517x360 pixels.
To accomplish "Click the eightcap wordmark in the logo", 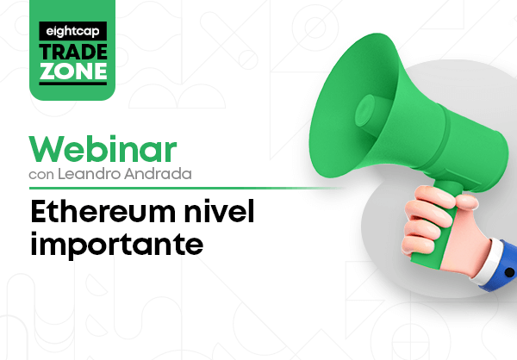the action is point(72,32).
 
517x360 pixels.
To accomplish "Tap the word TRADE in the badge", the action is point(73,52).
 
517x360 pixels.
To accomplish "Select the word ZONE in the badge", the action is point(73,71).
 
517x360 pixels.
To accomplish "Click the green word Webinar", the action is point(103,149).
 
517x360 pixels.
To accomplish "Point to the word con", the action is point(41,175).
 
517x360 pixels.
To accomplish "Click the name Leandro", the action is point(89,174).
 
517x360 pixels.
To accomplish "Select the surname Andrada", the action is point(158,174).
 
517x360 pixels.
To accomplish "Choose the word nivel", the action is point(219,211).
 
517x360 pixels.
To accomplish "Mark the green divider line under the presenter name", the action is point(186,189).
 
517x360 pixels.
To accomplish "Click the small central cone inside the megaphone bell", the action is point(365,110).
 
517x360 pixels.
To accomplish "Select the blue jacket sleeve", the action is point(503,267).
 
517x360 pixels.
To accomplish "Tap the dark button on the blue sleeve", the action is point(509,272).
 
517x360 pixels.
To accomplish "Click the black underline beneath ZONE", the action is point(73,84).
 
